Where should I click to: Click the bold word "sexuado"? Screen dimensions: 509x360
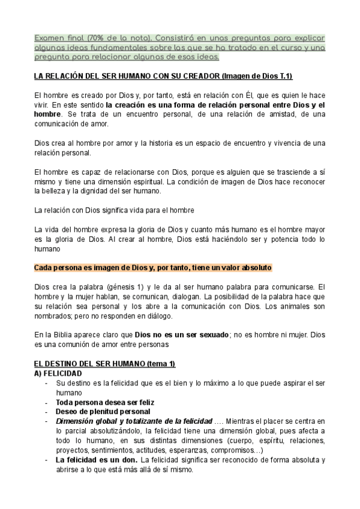click(211, 335)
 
